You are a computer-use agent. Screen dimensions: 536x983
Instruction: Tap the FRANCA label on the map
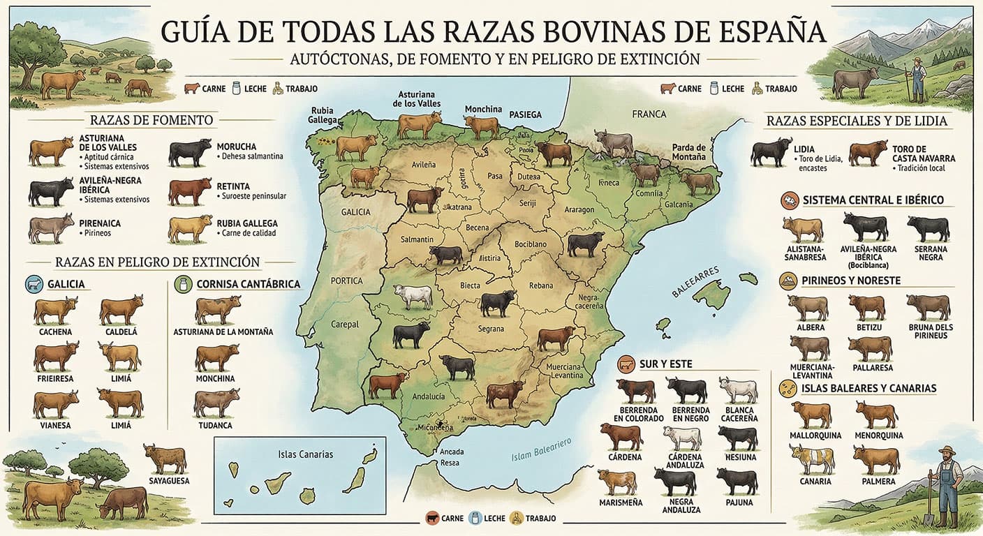coord(649,114)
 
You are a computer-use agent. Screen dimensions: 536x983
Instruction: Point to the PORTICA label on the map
coord(347,281)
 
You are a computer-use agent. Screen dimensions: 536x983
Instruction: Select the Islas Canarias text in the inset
coord(305,454)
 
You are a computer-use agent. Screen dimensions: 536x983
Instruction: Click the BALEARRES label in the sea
coord(695,282)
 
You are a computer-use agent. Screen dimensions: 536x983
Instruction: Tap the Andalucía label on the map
coord(429,396)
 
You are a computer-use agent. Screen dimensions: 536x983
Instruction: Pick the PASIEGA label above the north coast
coord(525,114)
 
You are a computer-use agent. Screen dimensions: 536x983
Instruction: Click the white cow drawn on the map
coord(413,296)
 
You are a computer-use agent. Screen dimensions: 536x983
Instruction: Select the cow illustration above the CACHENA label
coord(56,310)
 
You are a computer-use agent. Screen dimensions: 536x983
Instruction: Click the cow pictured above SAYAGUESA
coord(165,458)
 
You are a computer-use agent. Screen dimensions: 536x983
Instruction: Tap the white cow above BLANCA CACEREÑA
coord(739,390)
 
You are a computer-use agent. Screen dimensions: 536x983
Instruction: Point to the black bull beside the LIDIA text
coord(771,151)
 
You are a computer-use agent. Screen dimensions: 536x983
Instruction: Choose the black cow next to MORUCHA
coord(190,152)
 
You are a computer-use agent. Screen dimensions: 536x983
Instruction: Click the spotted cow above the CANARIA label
coord(813,459)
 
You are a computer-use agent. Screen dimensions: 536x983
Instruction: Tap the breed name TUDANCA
coord(215,425)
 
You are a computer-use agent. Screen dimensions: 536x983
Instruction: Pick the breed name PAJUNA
coord(739,502)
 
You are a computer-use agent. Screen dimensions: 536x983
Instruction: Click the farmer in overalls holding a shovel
coord(947,485)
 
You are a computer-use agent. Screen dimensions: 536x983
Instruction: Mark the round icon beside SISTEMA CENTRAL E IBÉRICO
coord(790,200)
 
